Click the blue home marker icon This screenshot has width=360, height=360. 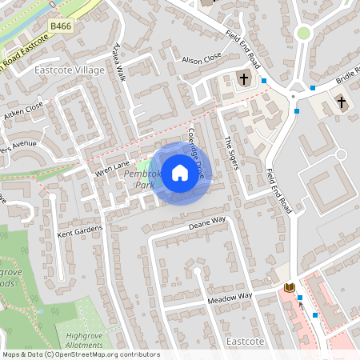[x=180, y=172]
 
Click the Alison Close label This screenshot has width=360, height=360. [x=201, y=59]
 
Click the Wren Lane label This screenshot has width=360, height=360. [x=112, y=168]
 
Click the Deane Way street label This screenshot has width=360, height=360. [x=207, y=223]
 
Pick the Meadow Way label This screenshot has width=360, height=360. [x=230, y=297]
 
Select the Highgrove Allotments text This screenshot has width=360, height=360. [x=86, y=340]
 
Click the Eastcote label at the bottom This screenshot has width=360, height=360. [x=246, y=341]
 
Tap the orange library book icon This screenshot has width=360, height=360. [x=290, y=287]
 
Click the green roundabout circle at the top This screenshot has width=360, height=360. [x=303, y=33]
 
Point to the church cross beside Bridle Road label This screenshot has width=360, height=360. [x=342, y=102]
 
